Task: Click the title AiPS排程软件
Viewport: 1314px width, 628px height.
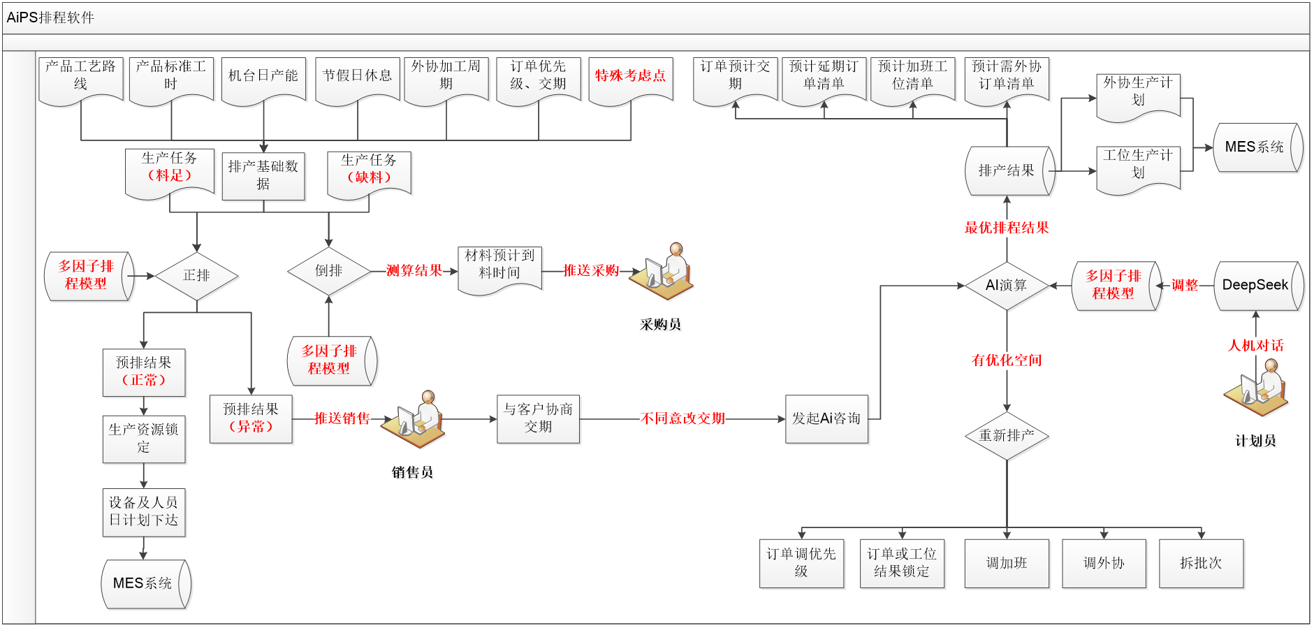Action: point(50,17)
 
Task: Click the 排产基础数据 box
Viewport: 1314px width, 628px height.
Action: point(263,175)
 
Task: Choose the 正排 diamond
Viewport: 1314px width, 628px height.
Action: point(197,276)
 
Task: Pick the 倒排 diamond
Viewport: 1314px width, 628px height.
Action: point(328,271)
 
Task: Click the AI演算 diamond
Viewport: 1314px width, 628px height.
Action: point(1007,286)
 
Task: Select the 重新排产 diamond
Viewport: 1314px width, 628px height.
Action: point(1007,436)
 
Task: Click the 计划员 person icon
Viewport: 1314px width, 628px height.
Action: point(1257,389)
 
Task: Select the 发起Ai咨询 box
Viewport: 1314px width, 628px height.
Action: point(827,419)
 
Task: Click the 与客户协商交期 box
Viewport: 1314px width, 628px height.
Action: point(538,419)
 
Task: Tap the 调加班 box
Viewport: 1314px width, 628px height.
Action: point(1007,563)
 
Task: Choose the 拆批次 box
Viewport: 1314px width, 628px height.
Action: point(1201,563)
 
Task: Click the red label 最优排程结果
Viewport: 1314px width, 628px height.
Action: point(1007,228)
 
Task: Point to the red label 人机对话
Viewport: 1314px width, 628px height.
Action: point(1256,346)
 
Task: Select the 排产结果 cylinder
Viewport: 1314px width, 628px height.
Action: point(1009,171)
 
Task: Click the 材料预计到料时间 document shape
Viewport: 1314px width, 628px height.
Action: point(500,269)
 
